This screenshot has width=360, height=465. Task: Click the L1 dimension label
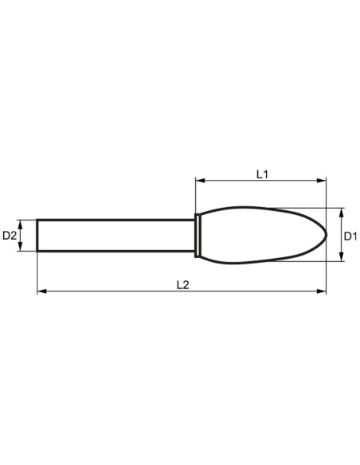261,172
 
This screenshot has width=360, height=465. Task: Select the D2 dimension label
10,236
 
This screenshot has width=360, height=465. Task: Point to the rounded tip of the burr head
324,236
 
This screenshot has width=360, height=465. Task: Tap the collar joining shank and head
197,236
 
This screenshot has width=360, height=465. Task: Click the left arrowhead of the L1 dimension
199,180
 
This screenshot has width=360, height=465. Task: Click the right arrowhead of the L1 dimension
322,180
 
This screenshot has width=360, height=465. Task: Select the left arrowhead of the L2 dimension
41,292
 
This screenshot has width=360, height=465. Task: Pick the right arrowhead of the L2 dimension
322,292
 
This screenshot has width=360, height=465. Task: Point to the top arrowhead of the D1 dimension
340,213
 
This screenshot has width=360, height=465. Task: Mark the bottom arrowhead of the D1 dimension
340,258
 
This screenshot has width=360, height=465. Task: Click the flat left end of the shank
37,236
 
